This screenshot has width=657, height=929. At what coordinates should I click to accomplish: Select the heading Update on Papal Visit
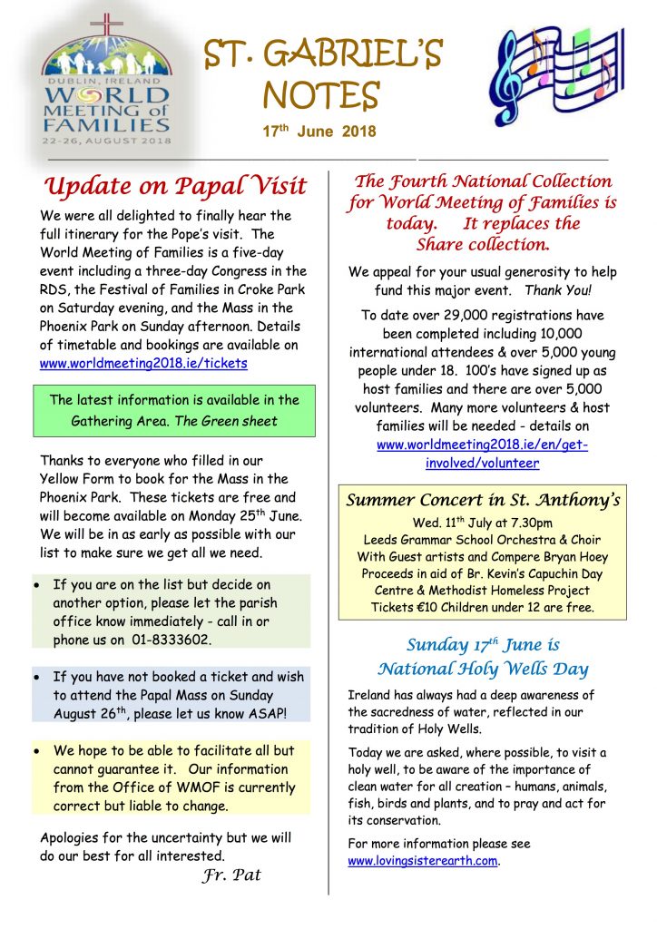(175, 186)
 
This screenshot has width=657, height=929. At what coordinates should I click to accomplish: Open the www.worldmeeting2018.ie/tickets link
(143, 363)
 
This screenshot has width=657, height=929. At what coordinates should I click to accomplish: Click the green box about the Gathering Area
(174, 410)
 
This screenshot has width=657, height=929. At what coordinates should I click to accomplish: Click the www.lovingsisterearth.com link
(424, 861)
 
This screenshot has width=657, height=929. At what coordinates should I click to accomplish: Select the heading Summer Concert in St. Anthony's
(483, 500)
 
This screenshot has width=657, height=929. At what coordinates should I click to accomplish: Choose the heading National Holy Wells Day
(483, 670)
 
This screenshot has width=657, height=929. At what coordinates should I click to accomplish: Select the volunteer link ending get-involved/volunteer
(483, 454)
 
